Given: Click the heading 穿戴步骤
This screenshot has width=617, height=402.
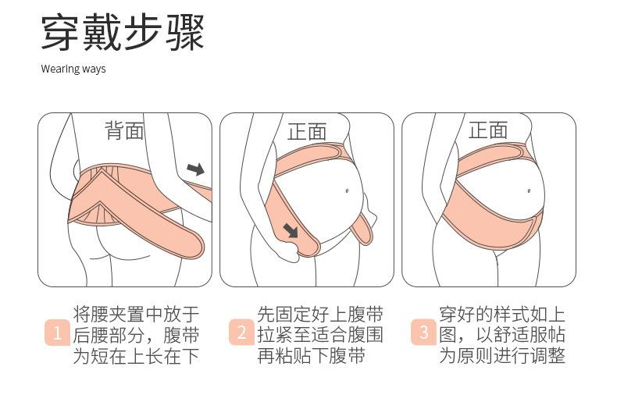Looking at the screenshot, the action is (123, 33).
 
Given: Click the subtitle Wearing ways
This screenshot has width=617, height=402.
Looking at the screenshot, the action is (73, 69).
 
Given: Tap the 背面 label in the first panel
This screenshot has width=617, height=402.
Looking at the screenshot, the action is (124, 130).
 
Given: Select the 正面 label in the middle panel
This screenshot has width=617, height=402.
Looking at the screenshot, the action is (307, 131).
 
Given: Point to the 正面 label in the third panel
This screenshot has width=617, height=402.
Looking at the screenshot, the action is (488, 130).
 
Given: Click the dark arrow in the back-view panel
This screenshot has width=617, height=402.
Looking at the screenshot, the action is (196, 169).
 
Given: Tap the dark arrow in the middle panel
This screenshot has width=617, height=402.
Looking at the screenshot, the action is (291, 230).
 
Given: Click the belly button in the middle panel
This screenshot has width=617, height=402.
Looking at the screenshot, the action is (347, 190).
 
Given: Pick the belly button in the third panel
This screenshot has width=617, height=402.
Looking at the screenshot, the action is (529, 191).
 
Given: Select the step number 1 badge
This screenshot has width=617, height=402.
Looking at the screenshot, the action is (58, 333).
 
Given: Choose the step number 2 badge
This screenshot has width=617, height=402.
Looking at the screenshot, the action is (241, 332).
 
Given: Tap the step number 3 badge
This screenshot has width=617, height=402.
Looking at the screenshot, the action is (424, 332).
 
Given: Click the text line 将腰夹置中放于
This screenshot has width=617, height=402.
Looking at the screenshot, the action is (136, 314).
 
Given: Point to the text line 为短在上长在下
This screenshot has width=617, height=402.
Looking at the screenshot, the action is (136, 356).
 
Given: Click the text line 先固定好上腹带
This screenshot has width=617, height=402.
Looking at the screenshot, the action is (320, 314).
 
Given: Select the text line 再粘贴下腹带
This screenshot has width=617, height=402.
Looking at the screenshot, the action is (312, 356).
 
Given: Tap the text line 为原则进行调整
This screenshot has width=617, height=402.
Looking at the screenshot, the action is (502, 356).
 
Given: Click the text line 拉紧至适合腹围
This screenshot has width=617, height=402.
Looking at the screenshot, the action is (320, 335).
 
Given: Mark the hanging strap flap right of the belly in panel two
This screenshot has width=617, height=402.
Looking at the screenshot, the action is (362, 227).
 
